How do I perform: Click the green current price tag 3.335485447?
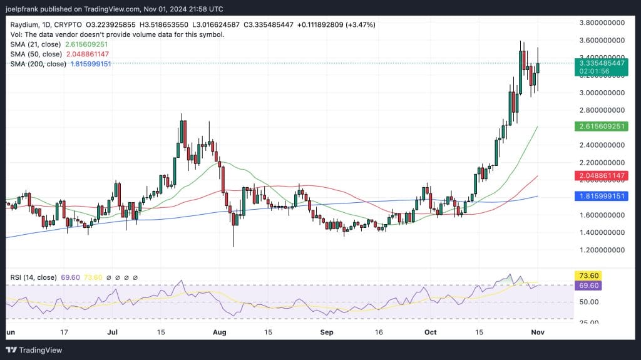click(601, 63)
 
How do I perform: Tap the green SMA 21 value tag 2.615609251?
click(601, 126)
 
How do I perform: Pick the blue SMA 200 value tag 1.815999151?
click(601, 197)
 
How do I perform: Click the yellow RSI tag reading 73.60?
click(589, 275)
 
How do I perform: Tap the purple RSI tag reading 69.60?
click(589, 285)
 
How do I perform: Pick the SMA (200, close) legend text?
click(38, 64)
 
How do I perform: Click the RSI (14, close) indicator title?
click(33, 277)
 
